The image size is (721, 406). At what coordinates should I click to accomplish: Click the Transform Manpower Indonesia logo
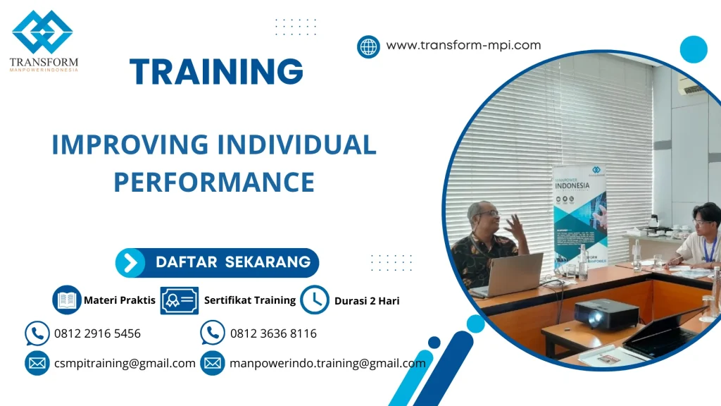point(43,41)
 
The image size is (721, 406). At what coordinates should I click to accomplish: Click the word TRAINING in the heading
point(217,72)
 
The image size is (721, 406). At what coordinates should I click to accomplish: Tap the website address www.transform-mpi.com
point(463,45)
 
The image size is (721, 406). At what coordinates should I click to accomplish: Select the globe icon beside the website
point(368,47)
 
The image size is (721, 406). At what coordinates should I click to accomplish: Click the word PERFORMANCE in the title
point(214,182)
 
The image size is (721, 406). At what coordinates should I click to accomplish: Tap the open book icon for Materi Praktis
point(67,300)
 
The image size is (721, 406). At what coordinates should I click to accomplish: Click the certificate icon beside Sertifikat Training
point(179,300)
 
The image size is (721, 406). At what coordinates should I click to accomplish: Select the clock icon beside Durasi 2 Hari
point(315,300)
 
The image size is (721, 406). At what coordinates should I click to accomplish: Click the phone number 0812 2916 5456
point(97,333)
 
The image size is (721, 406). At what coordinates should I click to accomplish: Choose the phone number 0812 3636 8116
point(273,333)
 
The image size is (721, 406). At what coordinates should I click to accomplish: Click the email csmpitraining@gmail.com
point(125,364)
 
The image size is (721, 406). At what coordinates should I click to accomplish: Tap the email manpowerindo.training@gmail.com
point(327,364)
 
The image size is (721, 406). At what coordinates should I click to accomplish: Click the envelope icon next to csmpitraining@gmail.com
point(37,364)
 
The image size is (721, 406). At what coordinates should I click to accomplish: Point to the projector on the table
point(606,313)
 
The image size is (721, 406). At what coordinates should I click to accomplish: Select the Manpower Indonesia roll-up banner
point(579,215)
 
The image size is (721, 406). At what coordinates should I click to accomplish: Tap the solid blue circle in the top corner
point(694,49)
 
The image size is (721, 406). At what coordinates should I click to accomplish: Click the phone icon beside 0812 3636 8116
point(213,333)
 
